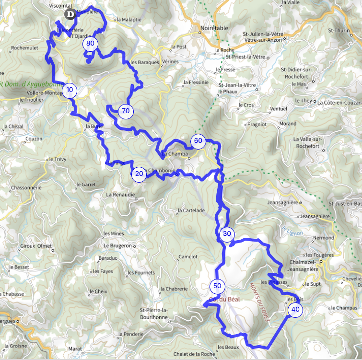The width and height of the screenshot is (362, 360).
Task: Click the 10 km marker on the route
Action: [x=70, y=90]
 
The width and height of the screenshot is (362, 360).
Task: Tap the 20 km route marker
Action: [x=139, y=174]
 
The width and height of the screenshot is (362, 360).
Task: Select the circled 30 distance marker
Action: [x=227, y=234]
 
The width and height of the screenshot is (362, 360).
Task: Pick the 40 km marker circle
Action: [x=295, y=310]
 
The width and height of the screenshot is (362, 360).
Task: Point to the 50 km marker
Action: [x=217, y=286]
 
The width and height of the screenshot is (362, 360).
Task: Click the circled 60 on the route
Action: [x=198, y=141]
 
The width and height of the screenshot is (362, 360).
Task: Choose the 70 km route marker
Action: [x=126, y=111]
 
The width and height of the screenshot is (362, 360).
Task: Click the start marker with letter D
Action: [x=70, y=15]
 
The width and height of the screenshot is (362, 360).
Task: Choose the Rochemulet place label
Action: [x=24, y=48]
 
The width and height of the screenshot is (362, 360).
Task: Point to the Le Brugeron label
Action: [x=117, y=245]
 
